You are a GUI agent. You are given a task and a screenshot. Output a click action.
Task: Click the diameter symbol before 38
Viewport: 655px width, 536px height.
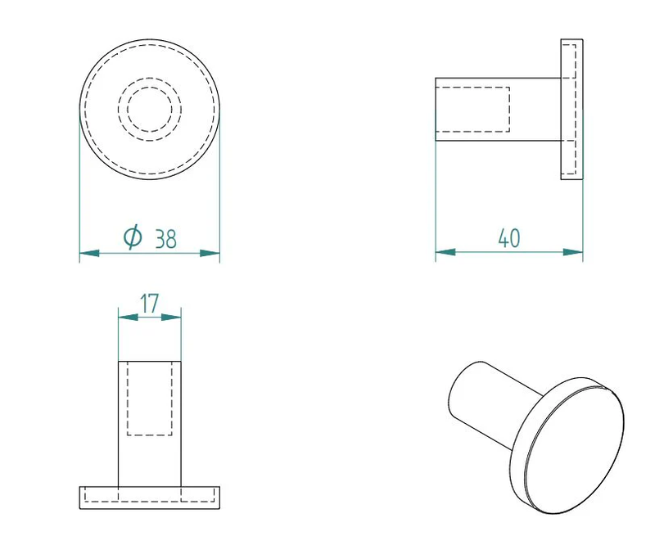(x=133, y=237)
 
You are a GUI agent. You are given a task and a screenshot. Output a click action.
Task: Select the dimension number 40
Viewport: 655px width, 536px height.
(x=508, y=238)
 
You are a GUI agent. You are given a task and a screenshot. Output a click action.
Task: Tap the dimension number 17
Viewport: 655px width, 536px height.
(x=149, y=304)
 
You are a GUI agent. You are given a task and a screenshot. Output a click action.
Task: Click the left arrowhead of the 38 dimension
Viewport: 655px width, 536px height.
(x=89, y=254)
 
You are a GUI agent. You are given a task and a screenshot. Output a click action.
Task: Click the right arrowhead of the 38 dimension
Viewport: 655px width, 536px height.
(x=210, y=254)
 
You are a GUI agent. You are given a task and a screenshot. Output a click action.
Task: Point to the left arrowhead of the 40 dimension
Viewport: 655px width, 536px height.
(x=445, y=251)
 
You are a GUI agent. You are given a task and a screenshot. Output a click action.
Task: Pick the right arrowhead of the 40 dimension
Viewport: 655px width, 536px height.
(x=573, y=251)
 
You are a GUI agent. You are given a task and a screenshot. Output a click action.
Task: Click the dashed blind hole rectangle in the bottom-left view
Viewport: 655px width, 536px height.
(x=150, y=399)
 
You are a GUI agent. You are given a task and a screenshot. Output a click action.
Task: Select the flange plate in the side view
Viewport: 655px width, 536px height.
(x=571, y=108)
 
